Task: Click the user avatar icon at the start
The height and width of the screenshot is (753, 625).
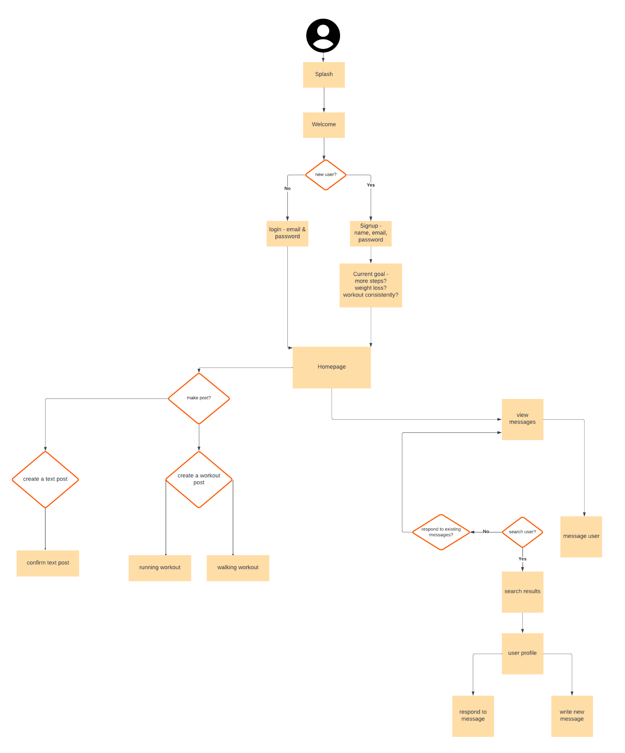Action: point(323,36)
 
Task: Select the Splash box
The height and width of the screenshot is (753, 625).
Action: point(324,75)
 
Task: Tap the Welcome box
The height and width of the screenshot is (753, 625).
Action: point(324,125)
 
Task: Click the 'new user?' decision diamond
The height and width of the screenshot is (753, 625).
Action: point(325,175)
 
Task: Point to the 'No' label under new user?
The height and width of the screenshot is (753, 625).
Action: point(287,189)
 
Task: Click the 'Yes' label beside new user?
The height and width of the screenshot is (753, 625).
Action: point(371,185)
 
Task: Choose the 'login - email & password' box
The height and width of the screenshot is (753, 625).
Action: point(287,233)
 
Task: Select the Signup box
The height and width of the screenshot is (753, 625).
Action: point(371,233)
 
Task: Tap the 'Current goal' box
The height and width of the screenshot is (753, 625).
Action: point(371,285)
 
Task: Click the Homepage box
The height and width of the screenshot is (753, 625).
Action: point(331,367)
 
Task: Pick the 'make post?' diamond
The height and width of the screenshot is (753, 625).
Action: point(199,398)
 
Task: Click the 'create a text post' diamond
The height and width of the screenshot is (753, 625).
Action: point(45,479)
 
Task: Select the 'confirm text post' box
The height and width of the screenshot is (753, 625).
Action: point(48,563)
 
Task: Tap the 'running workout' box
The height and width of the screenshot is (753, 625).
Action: point(160,568)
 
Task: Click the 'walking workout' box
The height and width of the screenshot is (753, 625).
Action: point(238,568)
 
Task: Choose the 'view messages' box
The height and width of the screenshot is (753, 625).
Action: point(522,419)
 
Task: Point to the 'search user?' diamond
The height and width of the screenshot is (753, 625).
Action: point(522,532)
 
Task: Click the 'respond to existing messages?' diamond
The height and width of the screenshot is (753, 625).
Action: point(441,532)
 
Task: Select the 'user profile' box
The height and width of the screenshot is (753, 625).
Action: point(522,653)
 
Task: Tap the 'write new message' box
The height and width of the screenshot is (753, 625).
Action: point(572,715)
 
